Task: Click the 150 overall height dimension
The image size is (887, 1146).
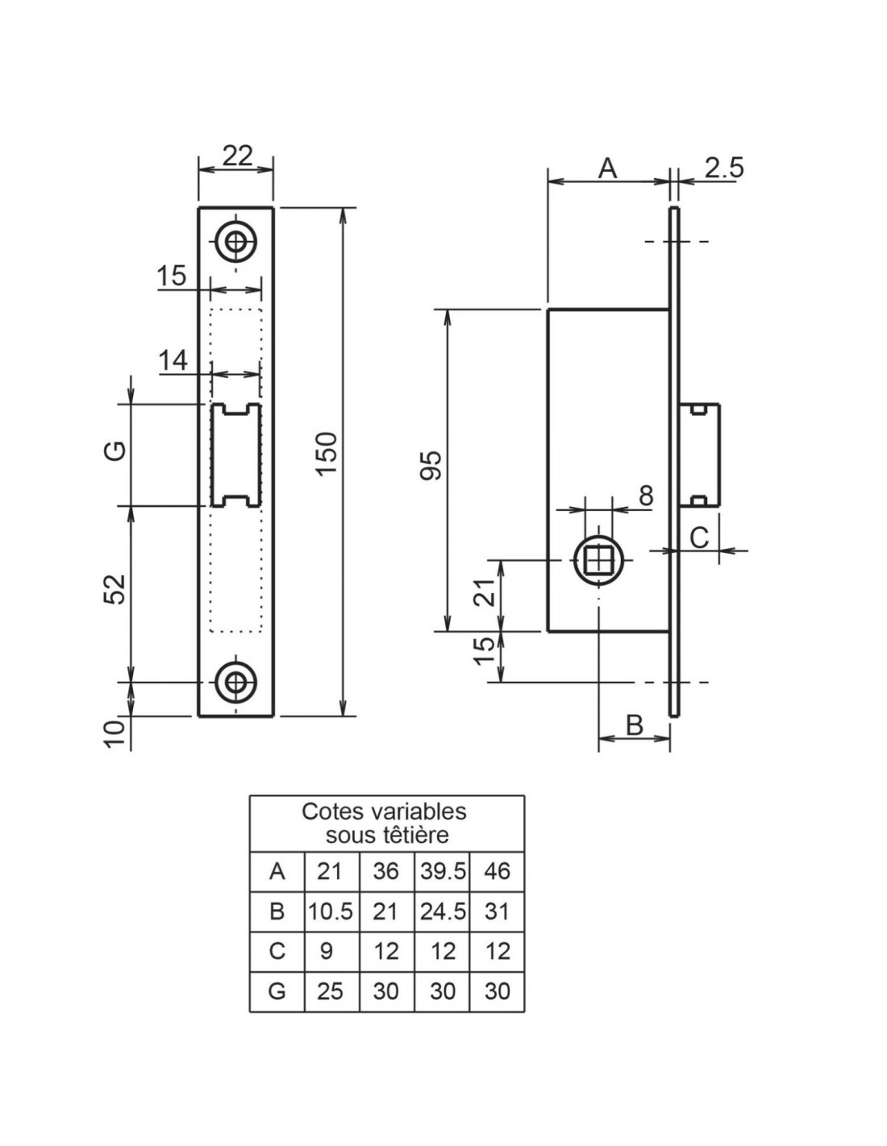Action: coord(327,453)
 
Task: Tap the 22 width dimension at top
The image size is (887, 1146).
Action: coord(237,156)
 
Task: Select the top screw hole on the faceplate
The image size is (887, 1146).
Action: coord(236,243)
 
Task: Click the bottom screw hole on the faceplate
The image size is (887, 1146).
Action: coord(236,683)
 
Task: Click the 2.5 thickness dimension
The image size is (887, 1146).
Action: coord(724,168)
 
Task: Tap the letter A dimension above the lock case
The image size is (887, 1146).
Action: coord(607,168)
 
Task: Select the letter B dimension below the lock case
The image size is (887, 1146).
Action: coord(635,725)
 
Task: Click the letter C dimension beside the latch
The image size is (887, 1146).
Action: coord(700,538)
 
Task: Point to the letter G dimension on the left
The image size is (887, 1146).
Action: coord(116,451)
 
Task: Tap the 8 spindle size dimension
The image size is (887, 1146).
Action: coord(646,496)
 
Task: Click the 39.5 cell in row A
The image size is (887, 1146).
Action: coord(443,871)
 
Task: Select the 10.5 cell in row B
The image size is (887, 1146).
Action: coord(331,911)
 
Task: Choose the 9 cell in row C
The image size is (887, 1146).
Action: coord(327,952)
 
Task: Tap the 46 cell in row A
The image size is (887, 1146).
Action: coord(497,871)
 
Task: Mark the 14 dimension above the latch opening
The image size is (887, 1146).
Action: coord(173,361)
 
